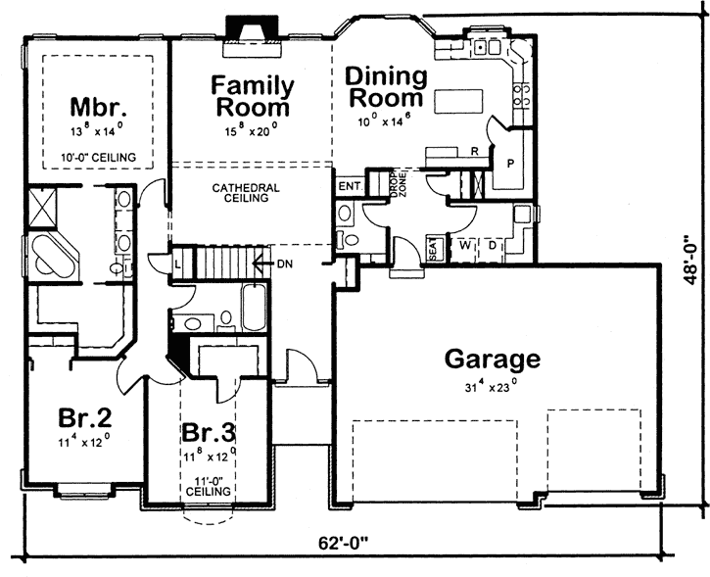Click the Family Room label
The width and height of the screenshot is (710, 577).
click(253, 96)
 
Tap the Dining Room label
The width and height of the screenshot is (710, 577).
click(386, 87)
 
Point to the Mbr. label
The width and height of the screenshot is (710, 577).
click(98, 108)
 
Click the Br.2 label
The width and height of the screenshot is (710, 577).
click(84, 417)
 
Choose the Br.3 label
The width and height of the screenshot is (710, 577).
click(209, 433)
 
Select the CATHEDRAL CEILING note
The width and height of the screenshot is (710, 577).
click(246, 192)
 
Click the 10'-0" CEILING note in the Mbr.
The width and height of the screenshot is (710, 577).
click(98, 157)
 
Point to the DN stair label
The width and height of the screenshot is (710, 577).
click(285, 264)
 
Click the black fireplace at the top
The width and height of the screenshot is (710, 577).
click(253, 30)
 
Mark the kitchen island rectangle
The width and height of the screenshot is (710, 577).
click(458, 102)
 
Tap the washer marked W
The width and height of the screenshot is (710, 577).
click(465, 245)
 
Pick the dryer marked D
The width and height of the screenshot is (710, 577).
click(493, 246)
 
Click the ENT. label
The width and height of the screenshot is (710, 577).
click(351, 186)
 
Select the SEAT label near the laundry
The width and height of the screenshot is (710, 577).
click(433, 248)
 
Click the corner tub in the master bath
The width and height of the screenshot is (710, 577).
click(55, 256)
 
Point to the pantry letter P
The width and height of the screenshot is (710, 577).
click(511, 164)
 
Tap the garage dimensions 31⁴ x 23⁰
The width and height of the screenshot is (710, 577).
click(492, 387)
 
